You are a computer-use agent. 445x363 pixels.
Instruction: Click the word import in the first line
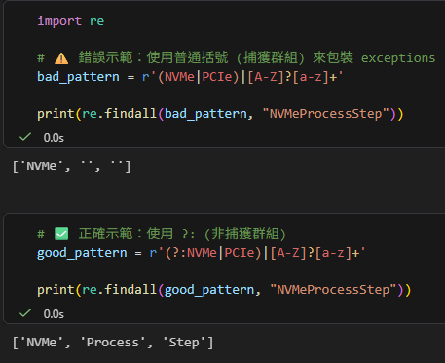click(59, 20)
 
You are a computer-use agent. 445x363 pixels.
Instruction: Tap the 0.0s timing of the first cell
click(56, 138)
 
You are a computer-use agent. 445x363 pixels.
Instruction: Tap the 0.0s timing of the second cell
click(56, 313)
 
